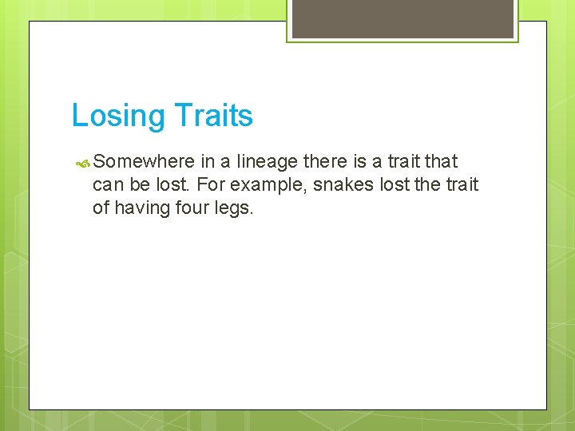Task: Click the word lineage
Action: (268, 162)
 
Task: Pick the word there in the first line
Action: (325, 162)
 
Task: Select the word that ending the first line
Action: (441, 162)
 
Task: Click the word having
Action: (144, 208)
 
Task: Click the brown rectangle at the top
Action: (402, 18)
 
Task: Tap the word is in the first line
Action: (359, 162)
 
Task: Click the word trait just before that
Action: (401, 162)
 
